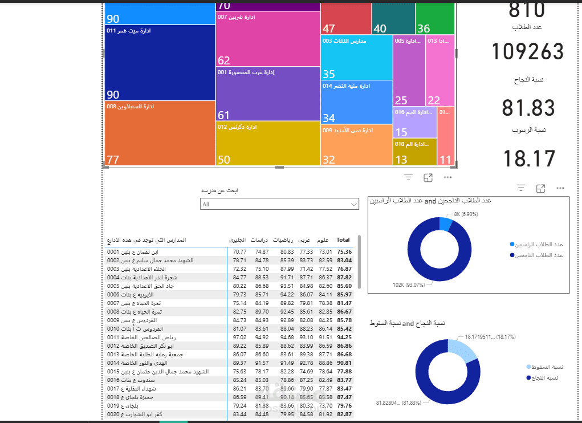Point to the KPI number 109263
(527, 52)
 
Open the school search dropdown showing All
(279, 204)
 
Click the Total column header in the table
(343, 241)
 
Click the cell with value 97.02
(239, 337)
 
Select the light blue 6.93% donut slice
(446, 223)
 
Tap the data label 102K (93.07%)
(408, 284)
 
